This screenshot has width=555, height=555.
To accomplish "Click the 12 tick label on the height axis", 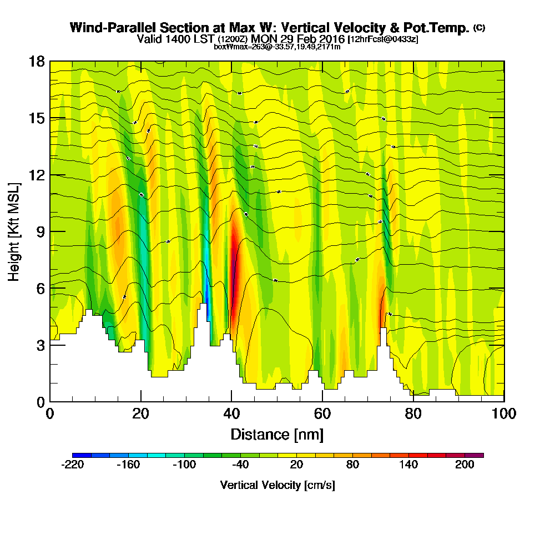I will pos(36,175).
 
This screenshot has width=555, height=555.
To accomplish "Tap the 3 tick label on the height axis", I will pos(40,345).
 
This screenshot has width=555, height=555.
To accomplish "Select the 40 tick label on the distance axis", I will pos(231,413).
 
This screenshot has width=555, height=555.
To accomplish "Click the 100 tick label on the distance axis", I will pos(503,413).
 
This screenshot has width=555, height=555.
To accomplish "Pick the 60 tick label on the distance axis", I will pos(322,413).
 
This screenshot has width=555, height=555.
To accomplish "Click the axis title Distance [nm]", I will pos(277,433).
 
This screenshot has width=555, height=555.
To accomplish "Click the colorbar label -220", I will pos(72,465).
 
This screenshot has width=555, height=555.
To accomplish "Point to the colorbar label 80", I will pos(352,465).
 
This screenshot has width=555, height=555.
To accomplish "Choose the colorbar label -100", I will pos(184,465).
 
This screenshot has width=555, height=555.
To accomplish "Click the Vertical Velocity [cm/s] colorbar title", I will pos(277,485).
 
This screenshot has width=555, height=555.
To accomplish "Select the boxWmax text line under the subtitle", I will pos(277,47).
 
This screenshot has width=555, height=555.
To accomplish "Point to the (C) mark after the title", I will pos(479,28).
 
